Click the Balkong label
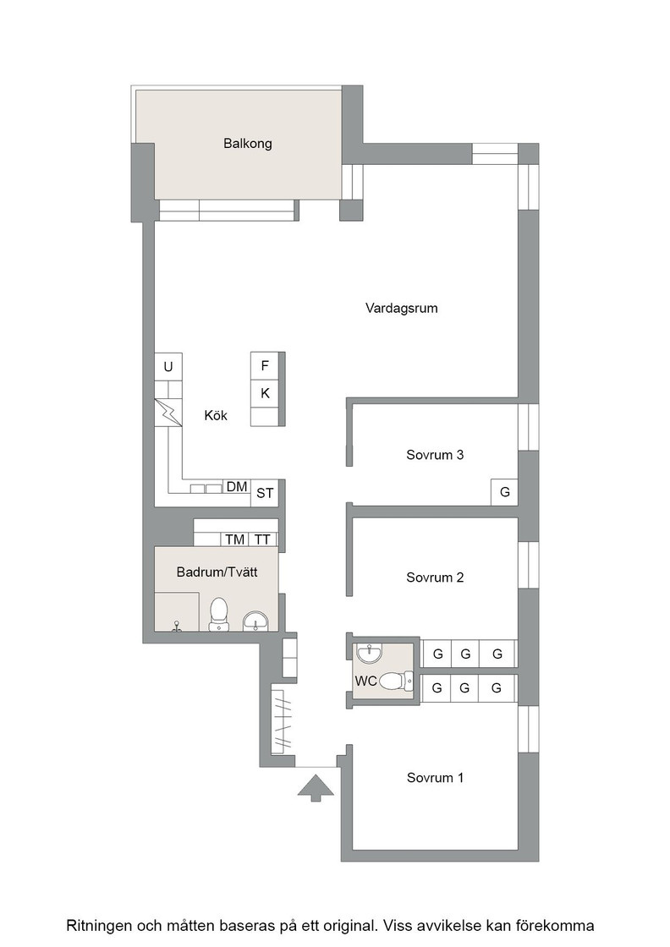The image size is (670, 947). click(x=248, y=144)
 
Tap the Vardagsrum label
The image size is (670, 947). click(x=401, y=309)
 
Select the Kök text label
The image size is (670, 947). click(x=216, y=415)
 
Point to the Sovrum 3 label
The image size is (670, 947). click(x=435, y=455)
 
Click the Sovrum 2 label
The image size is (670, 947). click(x=435, y=578)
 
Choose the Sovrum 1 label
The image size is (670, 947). click(x=435, y=778)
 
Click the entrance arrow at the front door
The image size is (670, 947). click(x=316, y=789)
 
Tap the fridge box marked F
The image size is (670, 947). click(x=265, y=366)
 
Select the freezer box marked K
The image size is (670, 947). click(x=265, y=393)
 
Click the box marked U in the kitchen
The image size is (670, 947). click(x=168, y=367)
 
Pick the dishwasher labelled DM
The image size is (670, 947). click(x=237, y=487)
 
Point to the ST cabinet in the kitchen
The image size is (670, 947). click(x=265, y=493)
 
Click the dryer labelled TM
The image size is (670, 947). click(x=235, y=539)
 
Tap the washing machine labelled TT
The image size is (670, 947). click(x=262, y=539)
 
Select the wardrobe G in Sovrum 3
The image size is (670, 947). click(x=504, y=492)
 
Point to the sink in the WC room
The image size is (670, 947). click(x=369, y=654)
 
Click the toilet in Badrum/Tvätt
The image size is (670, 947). click(x=218, y=615)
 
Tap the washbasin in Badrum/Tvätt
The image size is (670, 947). click(x=256, y=621)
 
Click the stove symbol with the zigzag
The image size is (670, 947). click(x=168, y=413)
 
